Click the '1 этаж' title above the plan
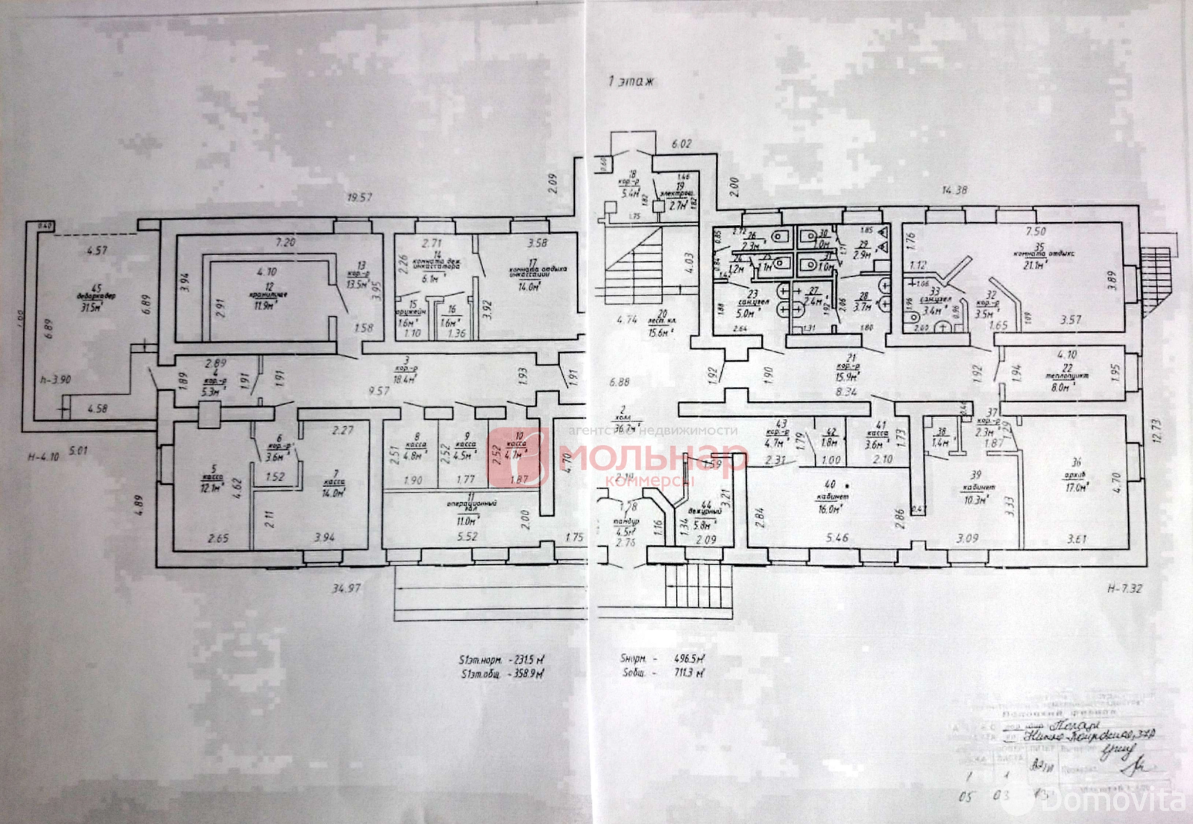tap(631, 81)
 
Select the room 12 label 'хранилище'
tap(269, 295)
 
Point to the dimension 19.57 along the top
tap(359, 198)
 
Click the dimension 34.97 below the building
tap(346, 588)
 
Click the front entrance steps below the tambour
tap(698, 585)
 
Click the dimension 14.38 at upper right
tap(954, 190)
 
